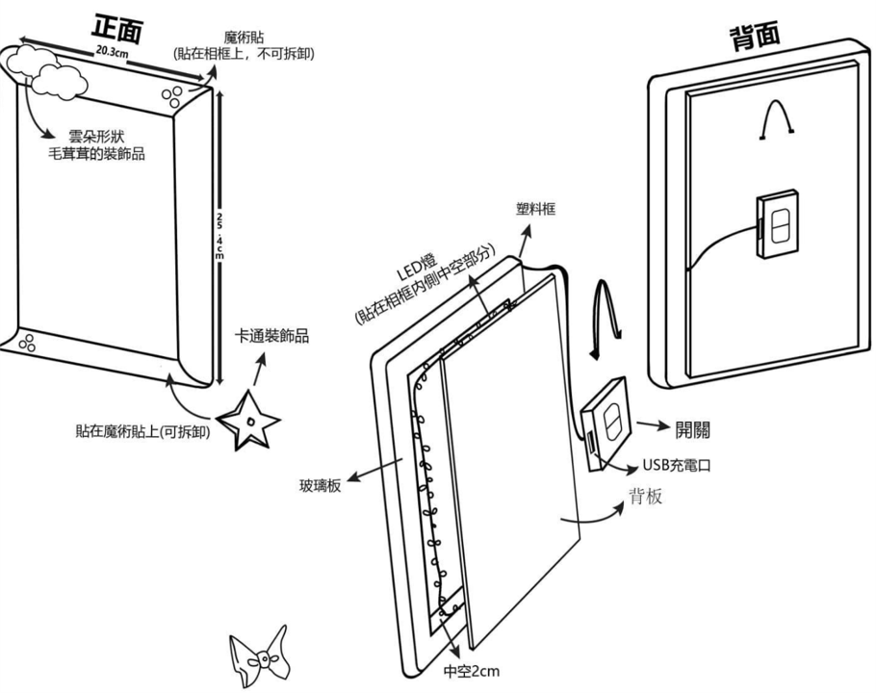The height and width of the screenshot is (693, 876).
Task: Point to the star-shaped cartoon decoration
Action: click(248, 421)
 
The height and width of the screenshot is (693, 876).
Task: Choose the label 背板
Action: click(645, 498)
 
